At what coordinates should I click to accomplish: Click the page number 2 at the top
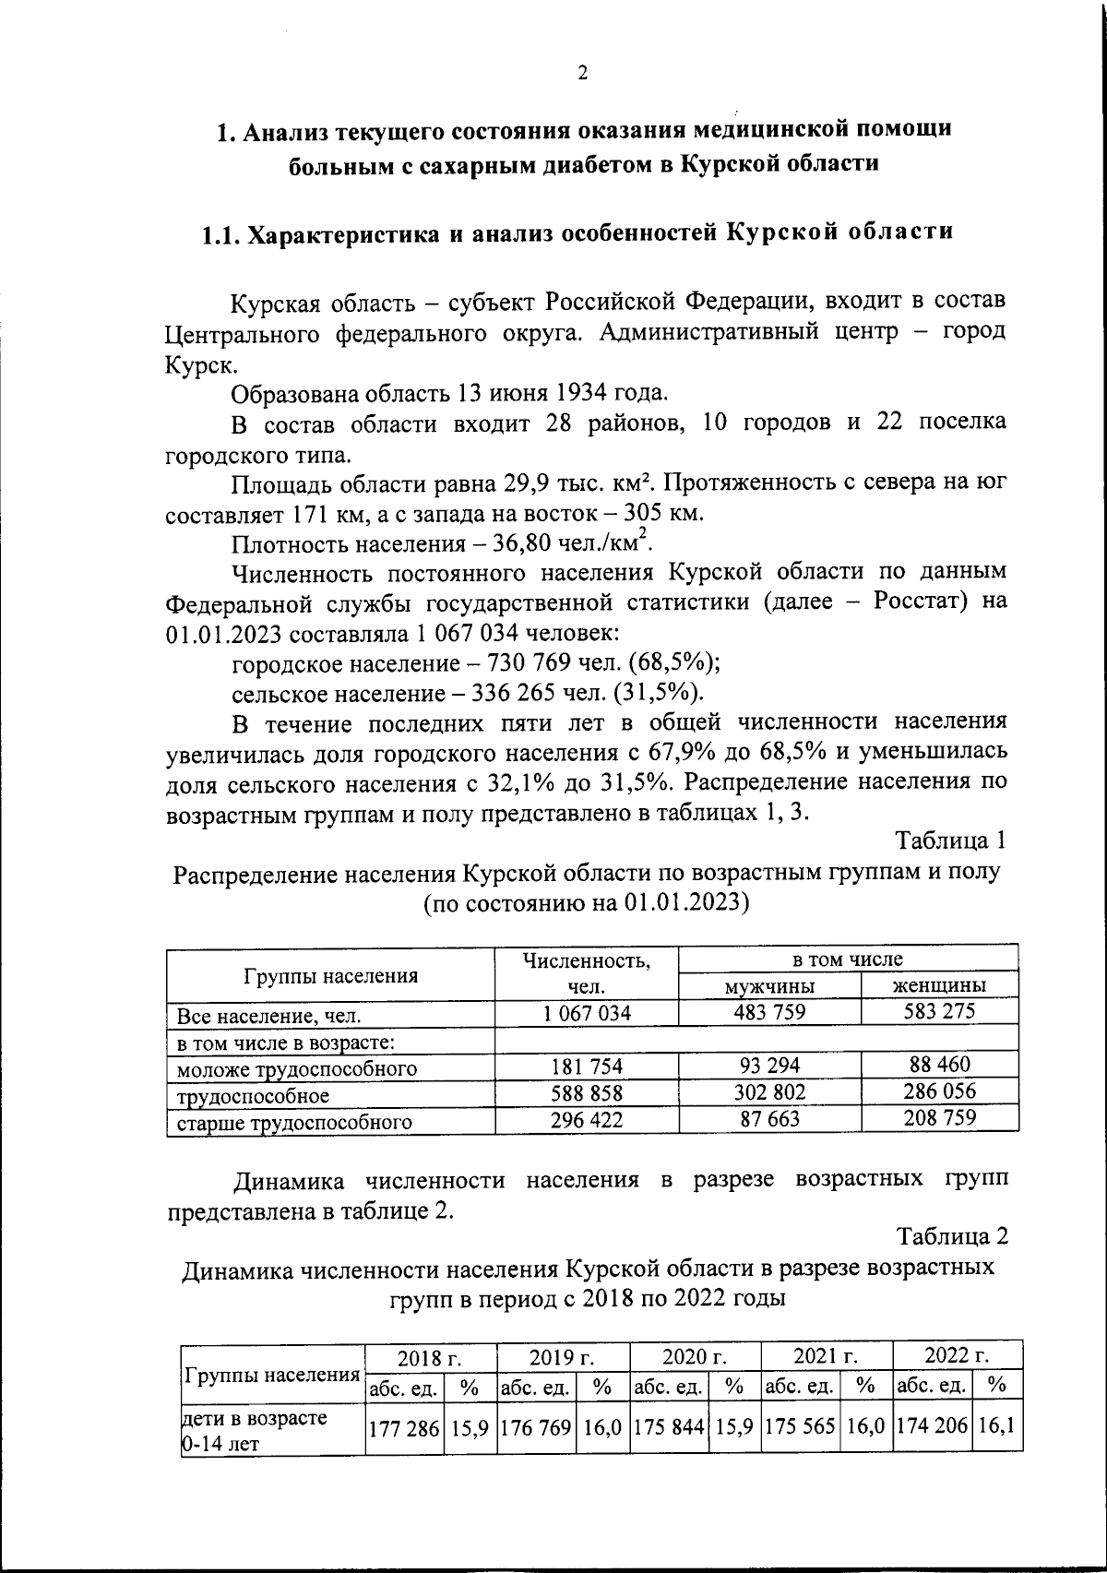click(x=581, y=75)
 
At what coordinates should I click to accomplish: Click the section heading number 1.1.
click(x=222, y=234)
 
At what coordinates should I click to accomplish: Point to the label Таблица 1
click(x=950, y=841)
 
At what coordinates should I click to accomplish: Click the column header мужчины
click(x=768, y=986)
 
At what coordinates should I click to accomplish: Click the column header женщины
click(x=938, y=985)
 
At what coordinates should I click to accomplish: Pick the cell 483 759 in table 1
click(x=769, y=1012)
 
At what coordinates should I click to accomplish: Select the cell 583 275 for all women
click(x=938, y=1011)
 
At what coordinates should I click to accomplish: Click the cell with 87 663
click(x=769, y=1119)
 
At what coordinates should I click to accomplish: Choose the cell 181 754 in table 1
click(x=586, y=1067)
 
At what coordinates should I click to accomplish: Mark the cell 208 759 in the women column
click(x=938, y=1118)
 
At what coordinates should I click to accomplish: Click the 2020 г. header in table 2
click(x=695, y=1357)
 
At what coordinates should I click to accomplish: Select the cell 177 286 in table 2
click(x=404, y=1429)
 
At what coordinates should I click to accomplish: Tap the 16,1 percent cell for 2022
click(x=996, y=1427)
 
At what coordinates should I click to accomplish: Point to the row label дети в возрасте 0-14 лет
click(x=254, y=1429)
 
